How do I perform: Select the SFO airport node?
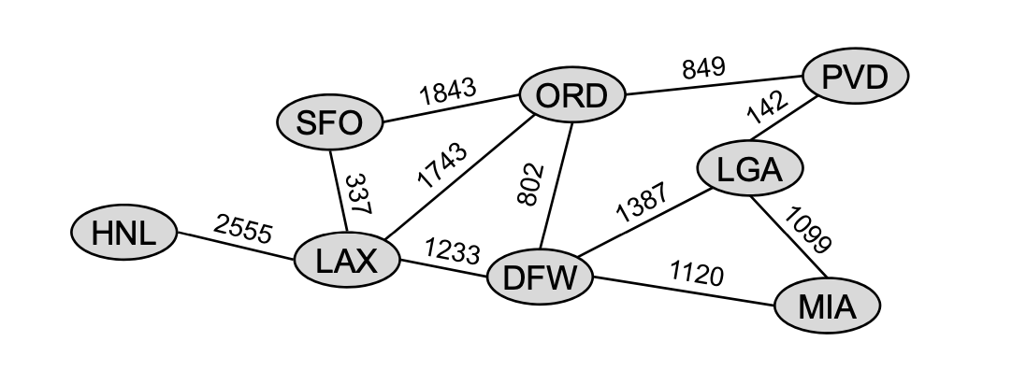point(329,122)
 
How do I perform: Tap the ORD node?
point(571,95)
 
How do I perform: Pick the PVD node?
point(854,77)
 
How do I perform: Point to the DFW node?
point(541,278)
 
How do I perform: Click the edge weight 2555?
point(242,228)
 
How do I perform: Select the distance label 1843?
point(448,92)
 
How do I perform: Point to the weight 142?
point(767,107)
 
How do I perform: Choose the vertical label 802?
point(529,184)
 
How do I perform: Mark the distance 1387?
point(641,203)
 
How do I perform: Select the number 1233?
point(452,250)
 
